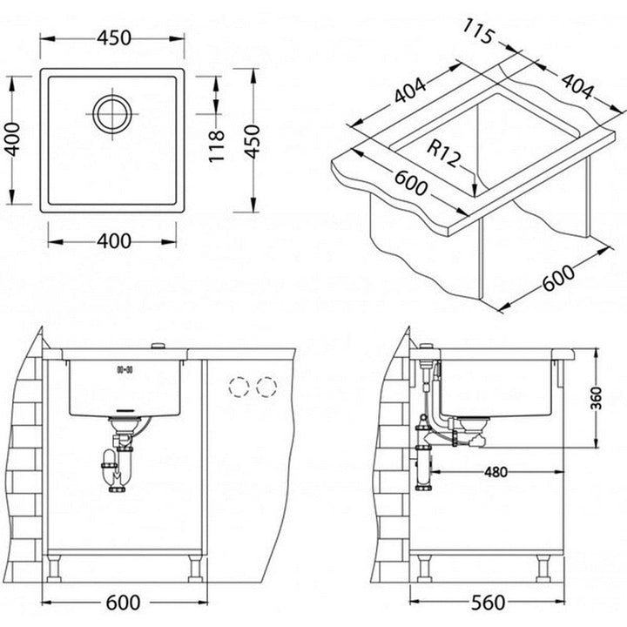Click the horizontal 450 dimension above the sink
click(x=114, y=38)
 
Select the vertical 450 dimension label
click(x=253, y=142)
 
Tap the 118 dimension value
click(x=216, y=146)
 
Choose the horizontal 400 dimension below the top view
click(x=114, y=241)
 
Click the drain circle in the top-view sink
click(x=112, y=114)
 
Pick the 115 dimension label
click(x=478, y=31)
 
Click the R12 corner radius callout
click(x=443, y=153)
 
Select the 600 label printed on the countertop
click(x=411, y=183)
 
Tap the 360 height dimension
click(x=597, y=398)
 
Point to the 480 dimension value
click(x=496, y=472)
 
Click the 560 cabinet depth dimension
click(x=488, y=603)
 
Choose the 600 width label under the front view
click(x=123, y=603)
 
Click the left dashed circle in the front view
click(x=239, y=387)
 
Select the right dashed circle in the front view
click(x=266, y=387)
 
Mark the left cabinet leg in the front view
click(x=54, y=568)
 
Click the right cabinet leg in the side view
click(x=543, y=568)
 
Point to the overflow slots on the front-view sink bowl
click(x=125, y=369)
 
